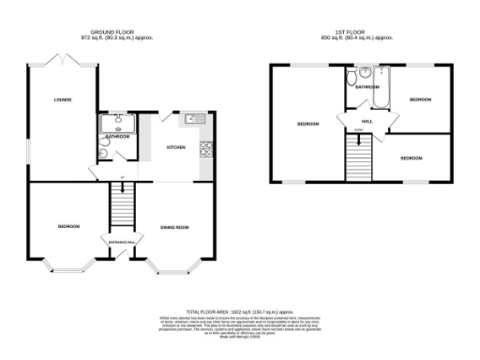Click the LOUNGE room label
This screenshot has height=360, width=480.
tap(63, 99)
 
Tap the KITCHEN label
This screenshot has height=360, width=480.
tap(176, 147)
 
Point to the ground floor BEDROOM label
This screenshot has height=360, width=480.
tap(67, 226)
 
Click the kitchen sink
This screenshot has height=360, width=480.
tap(194, 119)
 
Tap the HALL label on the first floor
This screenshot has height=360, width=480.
tap(367, 120)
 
